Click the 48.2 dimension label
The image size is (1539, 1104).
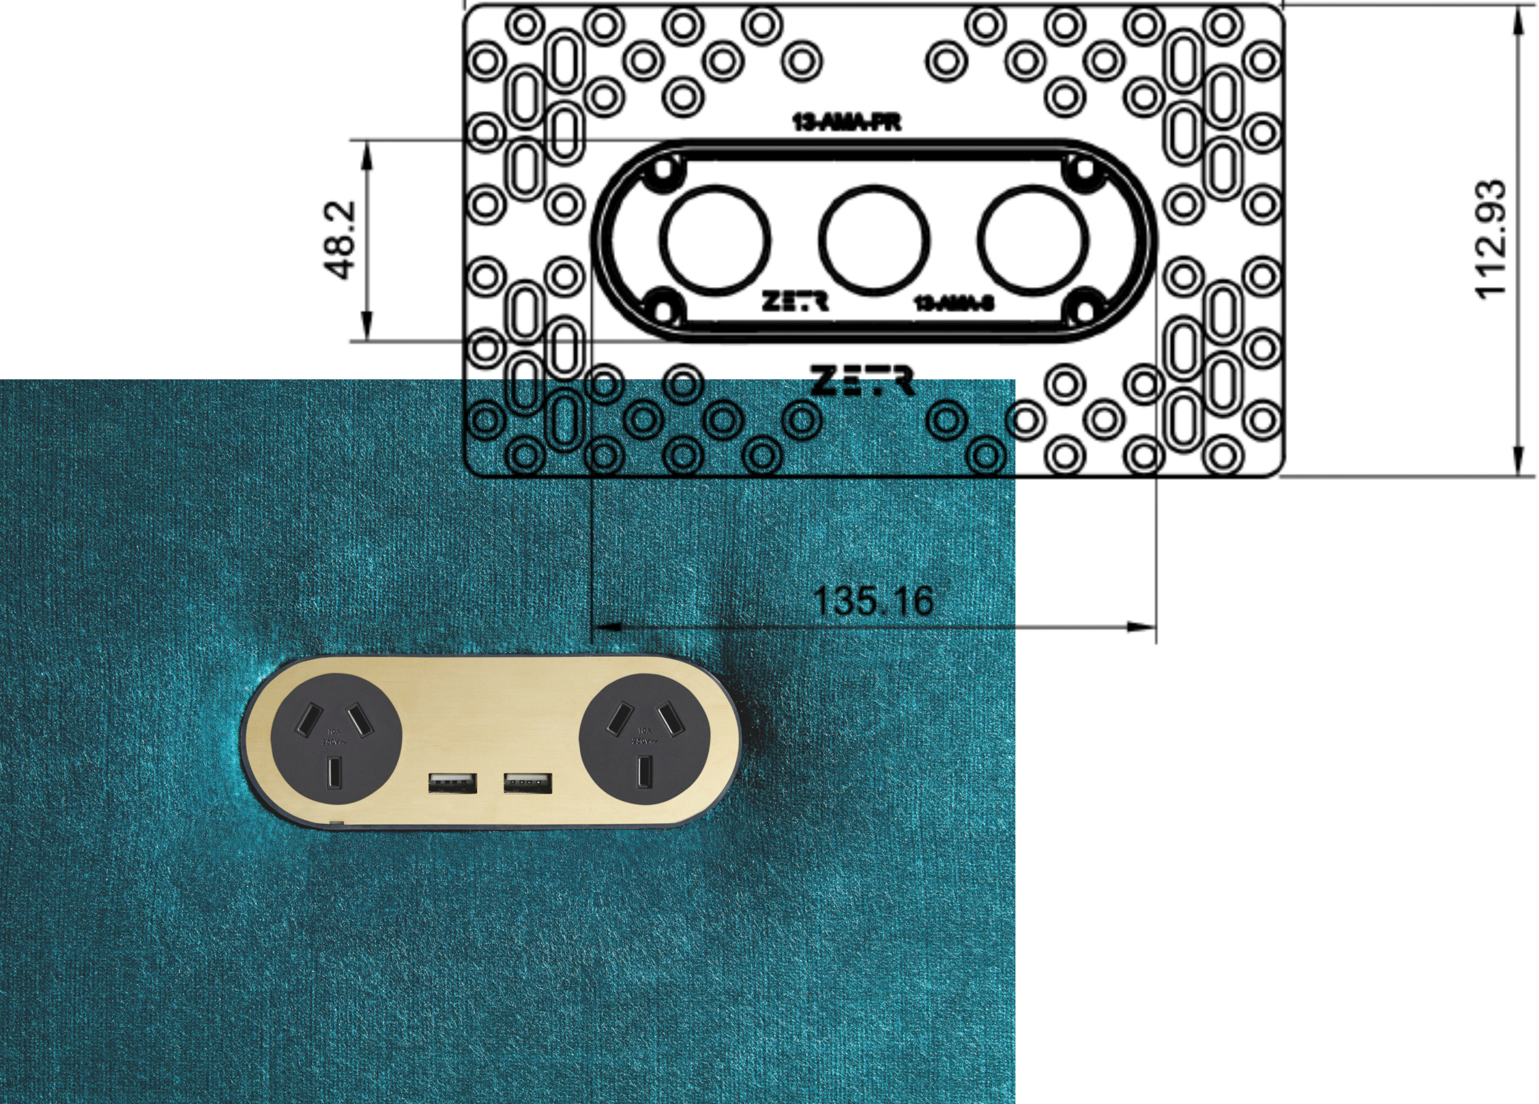click(x=340, y=240)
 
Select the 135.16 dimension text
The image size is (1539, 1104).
click(x=873, y=601)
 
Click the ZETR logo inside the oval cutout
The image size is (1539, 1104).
click(x=795, y=301)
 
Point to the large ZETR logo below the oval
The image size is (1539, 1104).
click(x=862, y=381)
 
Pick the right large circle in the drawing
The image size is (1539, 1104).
click(x=1034, y=239)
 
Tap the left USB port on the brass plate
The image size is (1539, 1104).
click(x=452, y=783)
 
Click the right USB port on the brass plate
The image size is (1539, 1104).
click(x=527, y=783)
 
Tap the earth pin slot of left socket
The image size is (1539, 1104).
click(x=334, y=773)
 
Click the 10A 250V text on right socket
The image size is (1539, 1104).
click(x=643, y=736)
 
